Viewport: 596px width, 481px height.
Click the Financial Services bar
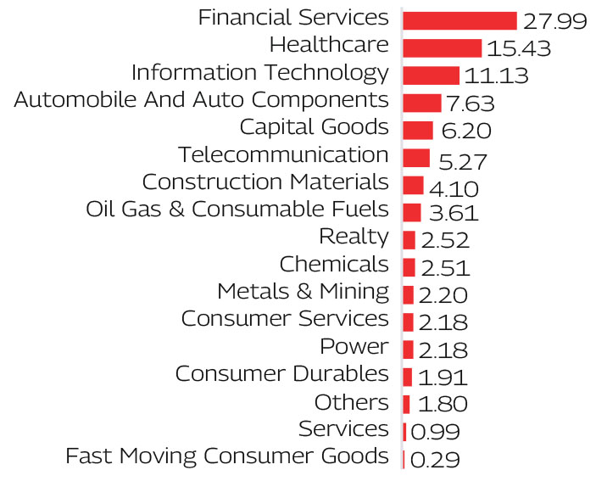[460, 21]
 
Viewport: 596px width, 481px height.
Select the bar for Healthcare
[442, 48]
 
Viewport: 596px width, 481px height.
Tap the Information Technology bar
[431, 76]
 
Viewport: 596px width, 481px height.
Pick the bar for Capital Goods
[418, 130]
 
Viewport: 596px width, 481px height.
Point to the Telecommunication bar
[416, 158]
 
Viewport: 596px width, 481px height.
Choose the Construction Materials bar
[413, 185]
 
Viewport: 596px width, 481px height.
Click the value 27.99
[555, 21]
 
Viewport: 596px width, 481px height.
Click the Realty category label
[354, 237]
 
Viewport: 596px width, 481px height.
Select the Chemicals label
[334, 264]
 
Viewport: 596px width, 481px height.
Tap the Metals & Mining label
[303, 291]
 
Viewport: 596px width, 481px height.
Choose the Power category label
[354, 346]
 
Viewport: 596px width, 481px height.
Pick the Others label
[352, 401]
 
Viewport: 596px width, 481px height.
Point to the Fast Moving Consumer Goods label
[227, 456]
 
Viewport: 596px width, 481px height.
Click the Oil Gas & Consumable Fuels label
[237, 209]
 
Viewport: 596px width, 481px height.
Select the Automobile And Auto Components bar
[421, 103]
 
